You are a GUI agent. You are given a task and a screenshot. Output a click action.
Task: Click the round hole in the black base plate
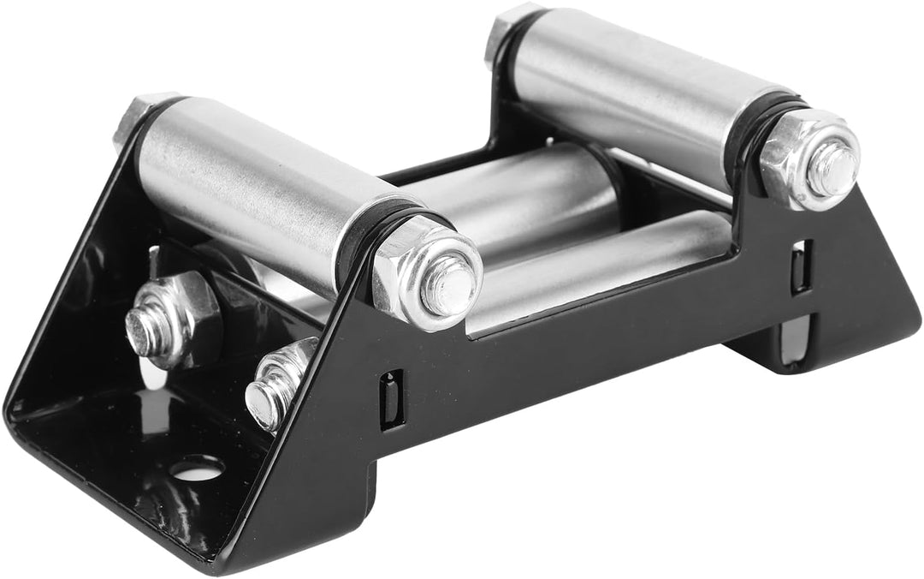[197, 468]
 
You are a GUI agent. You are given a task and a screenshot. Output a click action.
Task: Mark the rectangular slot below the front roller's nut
[390, 399]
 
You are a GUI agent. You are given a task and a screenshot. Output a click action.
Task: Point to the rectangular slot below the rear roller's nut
[800, 266]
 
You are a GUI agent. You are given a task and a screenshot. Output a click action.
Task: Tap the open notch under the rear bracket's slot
[796, 334]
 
